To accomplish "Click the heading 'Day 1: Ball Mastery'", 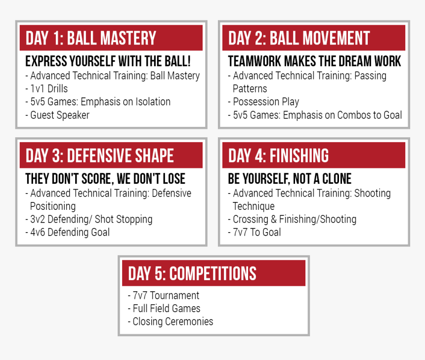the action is click(91, 38).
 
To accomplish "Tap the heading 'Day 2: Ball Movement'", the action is click(299, 38).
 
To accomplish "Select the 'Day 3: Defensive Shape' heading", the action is click(100, 156).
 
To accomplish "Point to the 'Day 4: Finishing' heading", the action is click(278, 156).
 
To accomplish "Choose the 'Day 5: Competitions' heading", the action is click(192, 273).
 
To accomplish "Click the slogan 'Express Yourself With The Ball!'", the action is click(108, 61).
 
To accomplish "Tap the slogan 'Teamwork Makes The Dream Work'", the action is click(314, 61).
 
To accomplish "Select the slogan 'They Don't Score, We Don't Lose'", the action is click(105, 179).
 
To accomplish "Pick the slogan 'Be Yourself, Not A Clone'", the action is click(290, 179).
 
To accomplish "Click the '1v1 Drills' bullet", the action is click(46, 88).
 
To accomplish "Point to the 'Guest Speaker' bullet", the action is click(57, 115).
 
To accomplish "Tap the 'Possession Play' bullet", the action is click(263, 102).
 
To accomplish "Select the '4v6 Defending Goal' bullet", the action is click(68, 232).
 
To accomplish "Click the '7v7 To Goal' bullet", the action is click(255, 232).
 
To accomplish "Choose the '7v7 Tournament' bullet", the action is click(164, 295).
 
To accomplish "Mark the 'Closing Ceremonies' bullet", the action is click(170, 321).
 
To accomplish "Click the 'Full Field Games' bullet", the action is click(164, 308).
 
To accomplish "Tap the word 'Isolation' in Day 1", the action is click(153, 102).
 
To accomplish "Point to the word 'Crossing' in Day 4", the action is click(251, 219).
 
